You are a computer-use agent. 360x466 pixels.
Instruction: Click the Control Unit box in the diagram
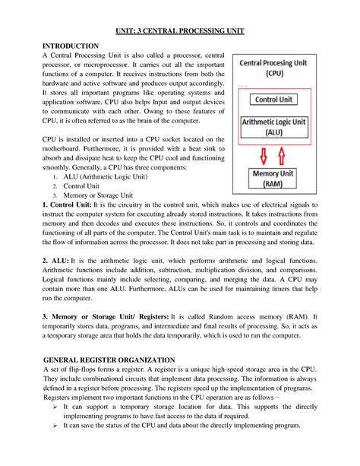point(276,100)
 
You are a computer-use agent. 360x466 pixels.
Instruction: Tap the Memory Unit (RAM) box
point(276,179)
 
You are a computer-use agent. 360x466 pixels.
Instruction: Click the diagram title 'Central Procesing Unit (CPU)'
point(276,68)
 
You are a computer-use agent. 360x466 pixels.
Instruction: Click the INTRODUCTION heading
point(71,47)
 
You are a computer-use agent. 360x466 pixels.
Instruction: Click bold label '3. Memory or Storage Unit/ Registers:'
point(106,315)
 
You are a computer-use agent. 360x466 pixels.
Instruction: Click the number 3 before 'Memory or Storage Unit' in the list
point(54,196)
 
